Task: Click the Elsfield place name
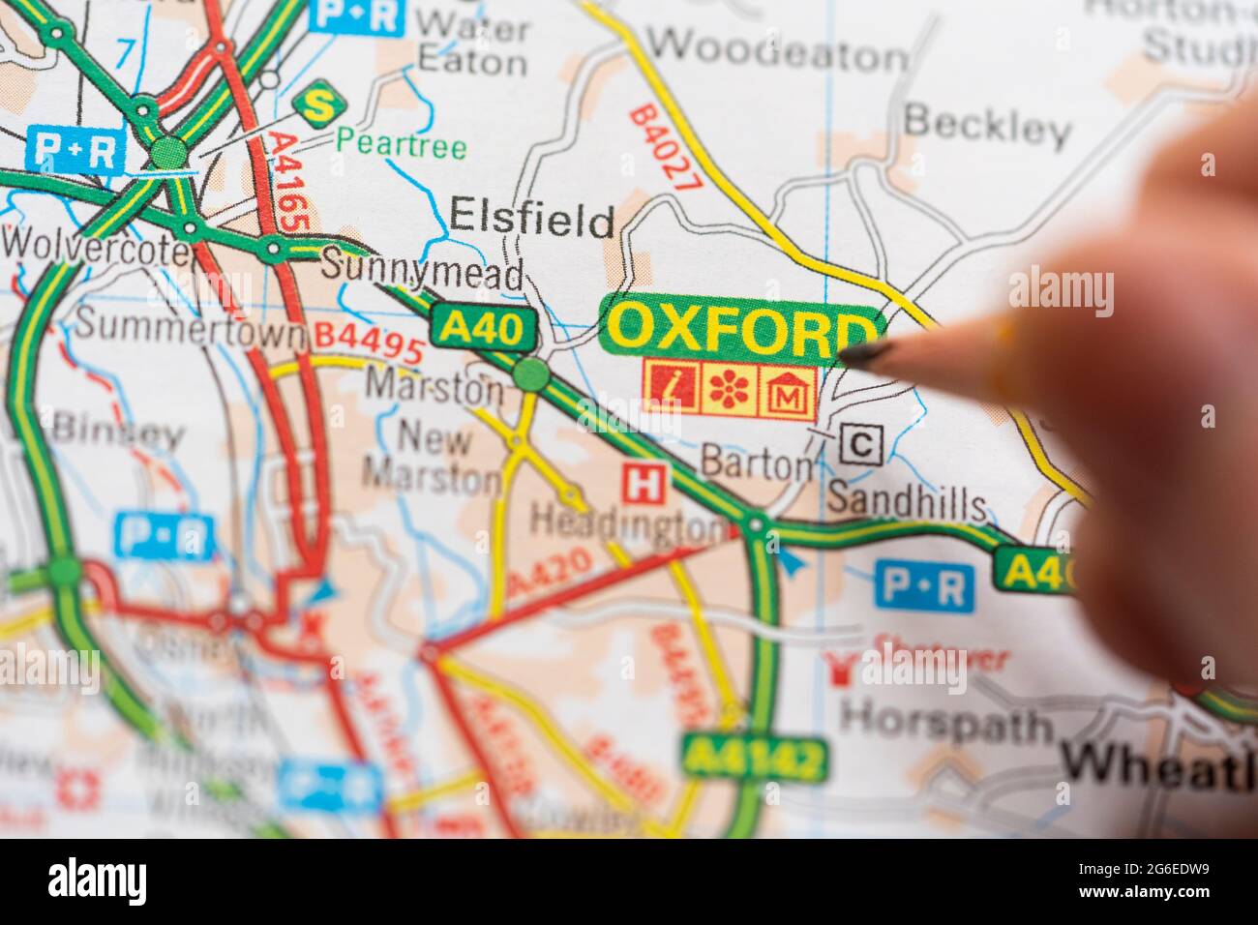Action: click(532, 221)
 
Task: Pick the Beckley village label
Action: click(986, 126)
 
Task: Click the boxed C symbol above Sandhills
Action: click(860, 445)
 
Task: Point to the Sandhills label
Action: click(907, 503)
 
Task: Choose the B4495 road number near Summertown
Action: click(369, 341)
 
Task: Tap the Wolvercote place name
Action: click(97, 247)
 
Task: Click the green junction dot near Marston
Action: click(530, 373)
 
